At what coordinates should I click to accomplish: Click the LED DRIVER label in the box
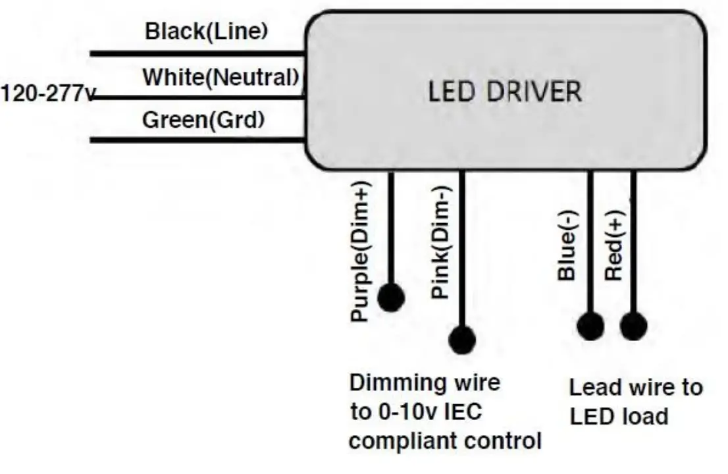tap(505, 92)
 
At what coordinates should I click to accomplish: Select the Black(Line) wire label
tap(206, 31)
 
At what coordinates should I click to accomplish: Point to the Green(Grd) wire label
tap(203, 120)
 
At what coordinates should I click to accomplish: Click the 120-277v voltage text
tap(46, 93)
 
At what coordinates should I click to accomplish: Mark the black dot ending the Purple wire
tap(391, 298)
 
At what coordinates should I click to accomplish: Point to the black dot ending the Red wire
tap(633, 327)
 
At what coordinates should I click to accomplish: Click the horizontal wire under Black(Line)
tap(197, 53)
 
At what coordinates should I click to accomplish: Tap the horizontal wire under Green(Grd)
tap(197, 140)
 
